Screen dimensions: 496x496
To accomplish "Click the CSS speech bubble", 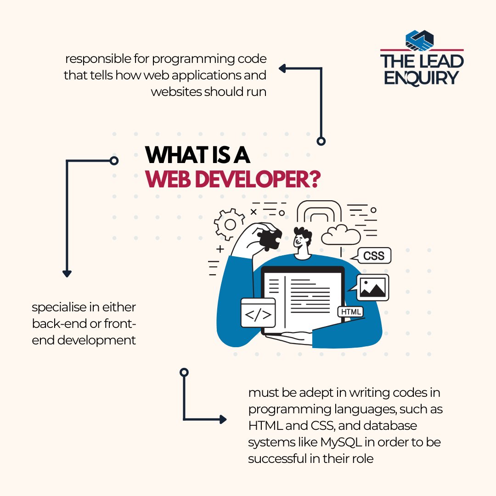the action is pos(374,255).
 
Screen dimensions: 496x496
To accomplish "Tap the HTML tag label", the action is pos(351,312).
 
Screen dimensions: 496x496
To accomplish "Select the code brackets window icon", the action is pos(258,313).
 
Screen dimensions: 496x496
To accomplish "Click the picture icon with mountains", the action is pos(372,287).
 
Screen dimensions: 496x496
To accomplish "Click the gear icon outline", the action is pos(229,224).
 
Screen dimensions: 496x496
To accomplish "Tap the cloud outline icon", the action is pos(341,235).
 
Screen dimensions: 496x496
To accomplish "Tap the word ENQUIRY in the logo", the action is pos(421,77).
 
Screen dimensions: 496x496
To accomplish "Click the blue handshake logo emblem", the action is pos(420,40).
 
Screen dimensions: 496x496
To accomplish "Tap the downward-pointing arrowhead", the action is pos(67,274).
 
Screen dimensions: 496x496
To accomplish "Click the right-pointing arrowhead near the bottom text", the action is pos(223,419).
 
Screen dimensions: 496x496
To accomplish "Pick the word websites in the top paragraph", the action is pos(176,91).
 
